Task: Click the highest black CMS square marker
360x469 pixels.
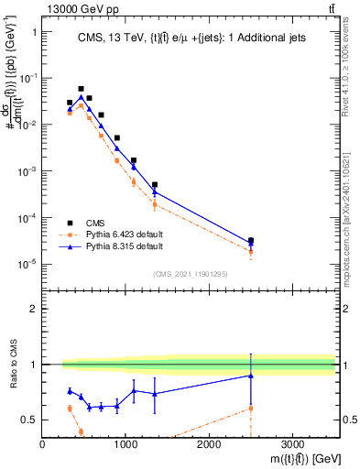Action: (x=81, y=89)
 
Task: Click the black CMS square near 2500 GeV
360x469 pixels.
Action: (x=251, y=241)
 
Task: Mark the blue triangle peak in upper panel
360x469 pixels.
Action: (x=81, y=97)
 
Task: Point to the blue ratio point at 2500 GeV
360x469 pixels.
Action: (x=251, y=376)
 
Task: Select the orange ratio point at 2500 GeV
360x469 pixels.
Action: (x=251, y=408)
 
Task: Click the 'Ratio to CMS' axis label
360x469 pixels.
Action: (x=12, y=365)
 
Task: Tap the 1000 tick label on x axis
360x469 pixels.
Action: (x=125, y=444)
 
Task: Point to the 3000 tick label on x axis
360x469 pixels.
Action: (x=292, y=444)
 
